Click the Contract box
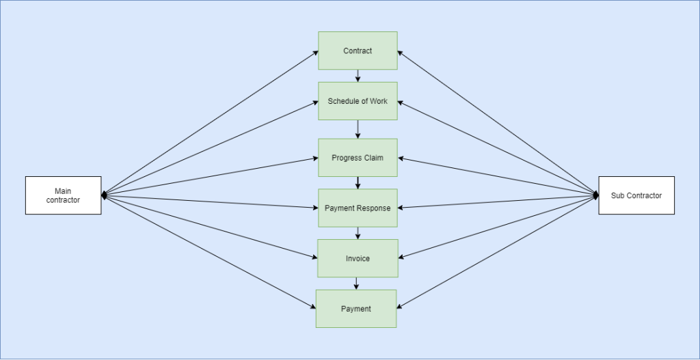pos(358,51)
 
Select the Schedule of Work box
pos(358,101)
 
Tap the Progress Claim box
pos(358,158)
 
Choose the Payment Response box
pos(358,208)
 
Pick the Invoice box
pos(358,258)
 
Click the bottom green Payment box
pos(355,309)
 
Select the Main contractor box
pos(63,195)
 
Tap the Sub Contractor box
pos(636,195)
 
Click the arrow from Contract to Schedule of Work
pos(358,76)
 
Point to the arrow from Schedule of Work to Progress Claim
pos(358,129)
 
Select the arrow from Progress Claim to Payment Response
pos(358,183)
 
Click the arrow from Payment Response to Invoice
pos(358,234)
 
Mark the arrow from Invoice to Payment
pos(356,283)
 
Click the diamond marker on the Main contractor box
pos(105,195)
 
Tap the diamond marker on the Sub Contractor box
pos(595,195)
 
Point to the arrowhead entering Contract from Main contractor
pos(315,52)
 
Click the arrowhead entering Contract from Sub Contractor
pos(401,52)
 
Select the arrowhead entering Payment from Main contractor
pos(312,307)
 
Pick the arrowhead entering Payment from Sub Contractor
pos(400,307)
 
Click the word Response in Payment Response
pos(373,208)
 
